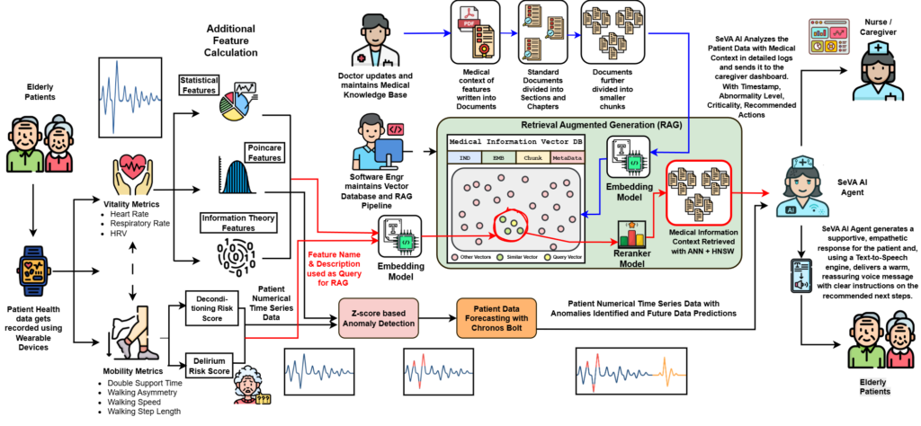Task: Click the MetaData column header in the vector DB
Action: point(567,157)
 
